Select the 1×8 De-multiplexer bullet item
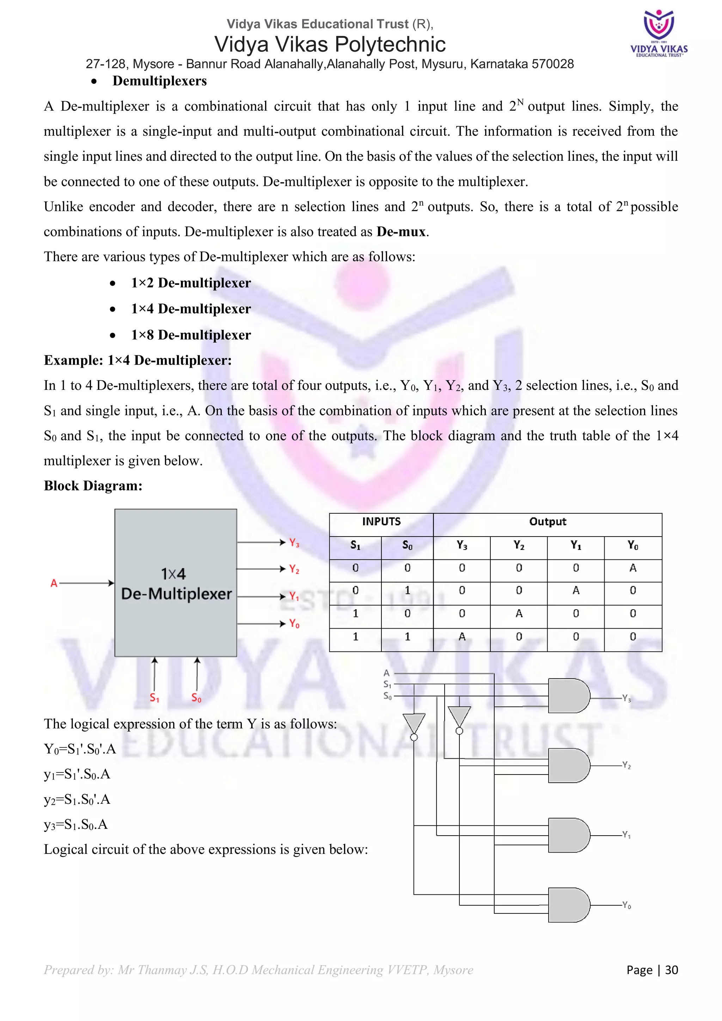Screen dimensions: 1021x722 pos(191,335)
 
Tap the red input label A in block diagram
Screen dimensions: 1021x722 pos(54,583)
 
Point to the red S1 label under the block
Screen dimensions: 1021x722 pos(154,698)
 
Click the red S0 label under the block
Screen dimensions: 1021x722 pos(196,698)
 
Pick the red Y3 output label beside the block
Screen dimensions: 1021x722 pos(294,543)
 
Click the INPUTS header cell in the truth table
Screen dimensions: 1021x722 pos(381,522)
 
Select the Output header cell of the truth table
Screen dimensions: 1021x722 pos(547,522)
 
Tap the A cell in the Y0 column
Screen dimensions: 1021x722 pos(633,568)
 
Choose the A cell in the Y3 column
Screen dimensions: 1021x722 pos(462,637)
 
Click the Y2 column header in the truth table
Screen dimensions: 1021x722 pos(518,545)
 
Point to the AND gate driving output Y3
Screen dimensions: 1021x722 pos(569,696)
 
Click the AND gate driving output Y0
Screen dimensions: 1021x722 pos(569,905)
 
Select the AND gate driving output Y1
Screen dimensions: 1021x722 pos(569,835)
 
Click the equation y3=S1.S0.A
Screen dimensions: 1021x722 pos(76,825)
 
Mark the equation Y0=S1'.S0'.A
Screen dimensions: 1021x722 pos(80,749)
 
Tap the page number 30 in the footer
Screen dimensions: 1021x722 pos(671,970)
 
